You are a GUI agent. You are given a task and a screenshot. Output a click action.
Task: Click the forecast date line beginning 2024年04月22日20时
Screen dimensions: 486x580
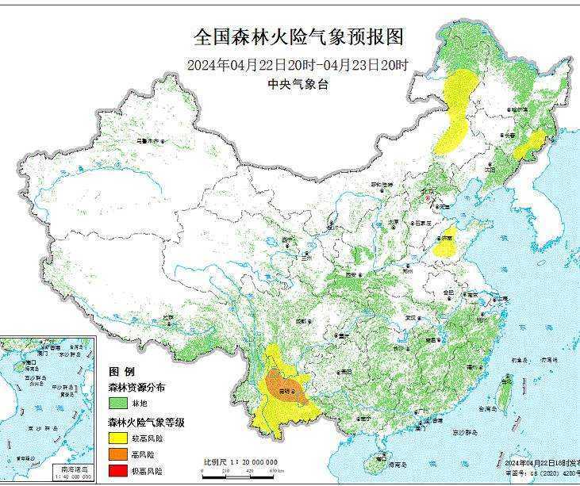click(298, 65)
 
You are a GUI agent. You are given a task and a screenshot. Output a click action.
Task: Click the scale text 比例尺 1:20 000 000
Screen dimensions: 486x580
click(240, 461)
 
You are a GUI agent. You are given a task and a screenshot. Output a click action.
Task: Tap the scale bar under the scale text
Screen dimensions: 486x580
click(238, 472)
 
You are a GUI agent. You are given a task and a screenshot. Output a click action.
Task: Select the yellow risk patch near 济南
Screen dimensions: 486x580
click(447, 243)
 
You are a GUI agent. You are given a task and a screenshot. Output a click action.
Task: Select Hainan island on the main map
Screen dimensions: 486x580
click(381, 463)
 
